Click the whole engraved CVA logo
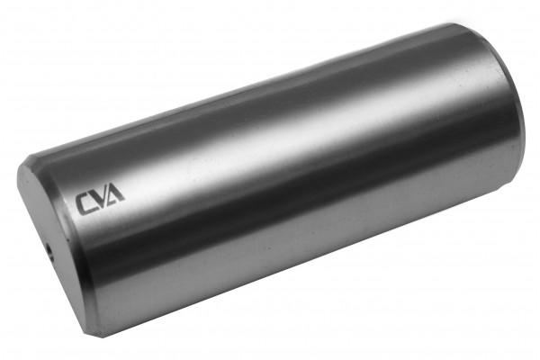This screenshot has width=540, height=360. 100,199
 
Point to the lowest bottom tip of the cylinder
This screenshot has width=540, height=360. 85,335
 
